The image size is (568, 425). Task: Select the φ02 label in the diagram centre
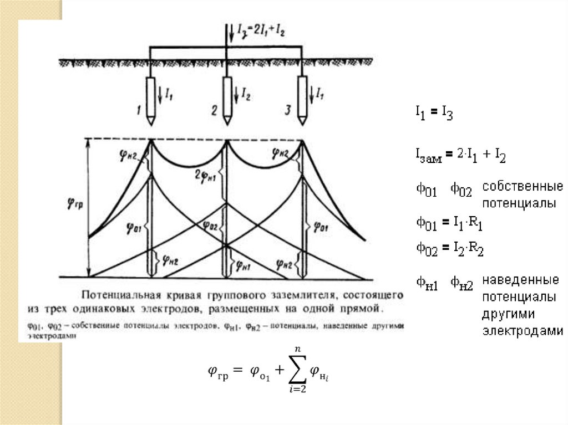(210, 226)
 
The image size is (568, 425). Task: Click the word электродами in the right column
(523, 332)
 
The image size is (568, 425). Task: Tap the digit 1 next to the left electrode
(138, 111)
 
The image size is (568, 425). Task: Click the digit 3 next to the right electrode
(287, 111)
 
